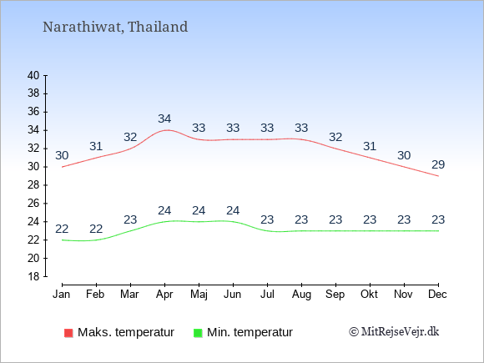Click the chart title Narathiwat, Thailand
pos(115,27)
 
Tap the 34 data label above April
pos(164,118)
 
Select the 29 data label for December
pos(438,164)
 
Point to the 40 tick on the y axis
pos(33,75)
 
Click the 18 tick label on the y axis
pos(33,276)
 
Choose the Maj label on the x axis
pos(199,295)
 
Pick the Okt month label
pos(369,294)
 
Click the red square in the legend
pos(68,333)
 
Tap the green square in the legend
pos(198,333)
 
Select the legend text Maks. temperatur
pos(126,332)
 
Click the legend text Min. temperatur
pos(250,332)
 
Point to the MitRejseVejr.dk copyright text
pos(394,331)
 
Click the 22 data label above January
pos(62,229)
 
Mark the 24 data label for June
pos(233,210)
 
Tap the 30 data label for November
pos(404,155)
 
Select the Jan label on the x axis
pos(62,294)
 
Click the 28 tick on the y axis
pos(33,185)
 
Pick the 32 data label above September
pos(335,137)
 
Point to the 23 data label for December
pos(438,219)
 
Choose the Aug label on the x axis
pos(301,295)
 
